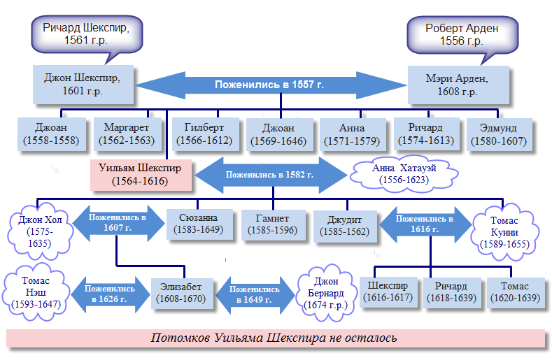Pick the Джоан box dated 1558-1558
coord(51,134)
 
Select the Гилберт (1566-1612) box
coord(204,134)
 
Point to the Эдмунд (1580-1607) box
coord(504,134)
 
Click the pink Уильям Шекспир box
coord(140,175)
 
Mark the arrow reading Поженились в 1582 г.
coord(269,175)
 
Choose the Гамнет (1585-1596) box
coord(272,224)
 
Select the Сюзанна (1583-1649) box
coord(199,224)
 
